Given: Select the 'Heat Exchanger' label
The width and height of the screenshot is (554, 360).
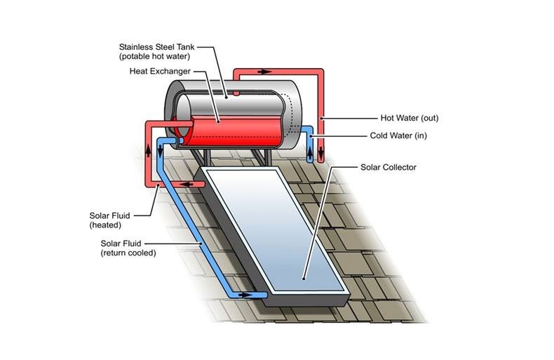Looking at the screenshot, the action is coord(160,72).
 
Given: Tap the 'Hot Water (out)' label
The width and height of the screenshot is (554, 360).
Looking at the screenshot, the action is coord(410,118).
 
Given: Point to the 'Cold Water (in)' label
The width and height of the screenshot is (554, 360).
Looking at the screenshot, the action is coord(398,136).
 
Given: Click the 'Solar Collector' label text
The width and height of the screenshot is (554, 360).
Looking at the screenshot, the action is coord(389,167).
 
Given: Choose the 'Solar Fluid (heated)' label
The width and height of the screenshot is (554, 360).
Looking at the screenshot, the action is coord(109,220).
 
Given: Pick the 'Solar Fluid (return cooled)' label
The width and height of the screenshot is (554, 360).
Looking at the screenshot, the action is coord(128,248).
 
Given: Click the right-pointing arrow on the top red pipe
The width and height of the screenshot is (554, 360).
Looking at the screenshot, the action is coord(264,72).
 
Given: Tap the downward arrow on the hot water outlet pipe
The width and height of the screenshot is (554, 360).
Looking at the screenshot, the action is coord(320,152).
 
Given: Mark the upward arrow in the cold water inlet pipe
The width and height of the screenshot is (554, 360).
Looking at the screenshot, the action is coord(310,152).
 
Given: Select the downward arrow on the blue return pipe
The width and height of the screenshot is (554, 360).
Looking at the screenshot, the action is coord(160,151).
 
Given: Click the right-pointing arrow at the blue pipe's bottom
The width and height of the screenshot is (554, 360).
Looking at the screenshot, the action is coord(245,295).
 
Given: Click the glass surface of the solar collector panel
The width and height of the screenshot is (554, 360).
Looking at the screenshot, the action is coord(275,230).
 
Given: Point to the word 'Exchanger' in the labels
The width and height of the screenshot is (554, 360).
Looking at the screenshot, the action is coord(171,72).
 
